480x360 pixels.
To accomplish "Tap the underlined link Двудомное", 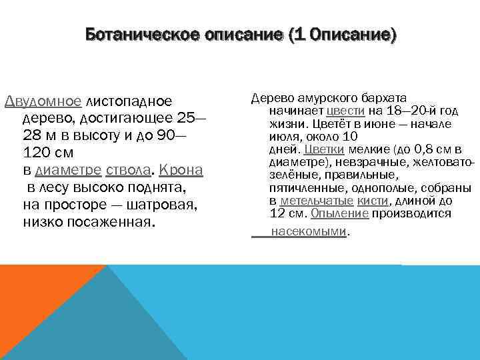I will (43, 101).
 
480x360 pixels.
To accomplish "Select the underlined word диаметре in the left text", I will (70, 171).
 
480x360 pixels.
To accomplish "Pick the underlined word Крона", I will (181, 171).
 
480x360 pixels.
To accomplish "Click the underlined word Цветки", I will (324, 149).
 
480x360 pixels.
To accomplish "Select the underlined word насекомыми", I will (309, 231).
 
